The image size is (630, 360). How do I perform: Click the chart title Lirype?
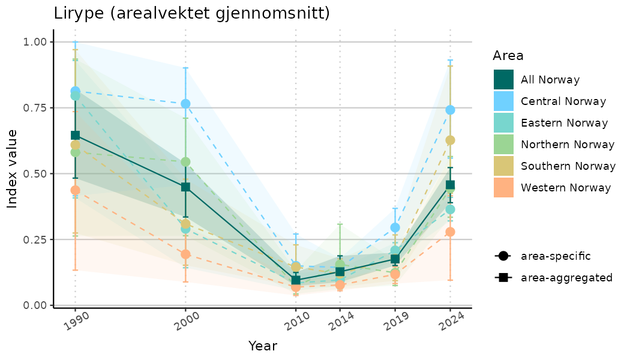[x=191, y=13]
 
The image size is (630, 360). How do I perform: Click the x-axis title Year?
[x=263, y=346]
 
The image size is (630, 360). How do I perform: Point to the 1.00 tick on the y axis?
[x=34, y=42]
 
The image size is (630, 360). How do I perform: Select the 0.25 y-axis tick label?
[x=34, y=239]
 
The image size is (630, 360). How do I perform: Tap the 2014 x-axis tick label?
[x=338, y=323]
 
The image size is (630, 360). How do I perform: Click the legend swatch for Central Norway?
[x=503, y=101]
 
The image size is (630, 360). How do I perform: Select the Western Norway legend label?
[x=566, y=188]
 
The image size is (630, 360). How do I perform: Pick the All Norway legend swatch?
[x=503, y=80]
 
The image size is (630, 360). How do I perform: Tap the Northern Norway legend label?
[x=568, y=145]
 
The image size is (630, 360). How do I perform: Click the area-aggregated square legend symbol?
[x=502, y=278]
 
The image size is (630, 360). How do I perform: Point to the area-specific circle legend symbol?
[x=502, y=256]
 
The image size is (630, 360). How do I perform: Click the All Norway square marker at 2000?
[x=185, y=187]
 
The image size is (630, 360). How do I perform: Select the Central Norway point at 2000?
[x=185, y=104]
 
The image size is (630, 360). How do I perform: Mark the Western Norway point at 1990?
[x=75, y=190]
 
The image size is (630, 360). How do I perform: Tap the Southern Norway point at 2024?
[x=450, y=140]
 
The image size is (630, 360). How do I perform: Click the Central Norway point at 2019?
[x=395, y=227]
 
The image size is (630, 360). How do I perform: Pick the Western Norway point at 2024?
[x=450, y=232]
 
